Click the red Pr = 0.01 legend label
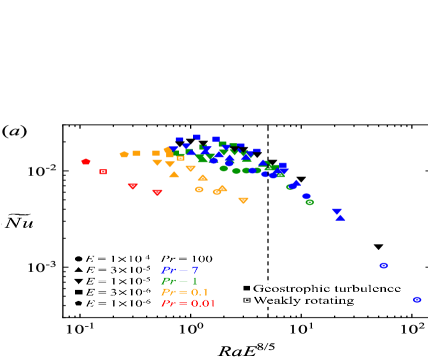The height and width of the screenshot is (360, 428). (188, 303)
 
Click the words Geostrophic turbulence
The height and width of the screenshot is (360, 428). (327, 288)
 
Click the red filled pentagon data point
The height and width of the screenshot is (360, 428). (86, 161)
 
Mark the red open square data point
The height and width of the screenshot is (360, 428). (103, 172)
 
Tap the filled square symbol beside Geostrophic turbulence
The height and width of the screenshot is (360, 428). (247, 288)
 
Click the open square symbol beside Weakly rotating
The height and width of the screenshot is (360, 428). (247, 300)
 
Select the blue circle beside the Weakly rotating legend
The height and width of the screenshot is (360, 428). (417, 299)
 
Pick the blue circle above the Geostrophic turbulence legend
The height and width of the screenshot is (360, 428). (383, 265)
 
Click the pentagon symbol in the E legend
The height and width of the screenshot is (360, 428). (78, 303)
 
